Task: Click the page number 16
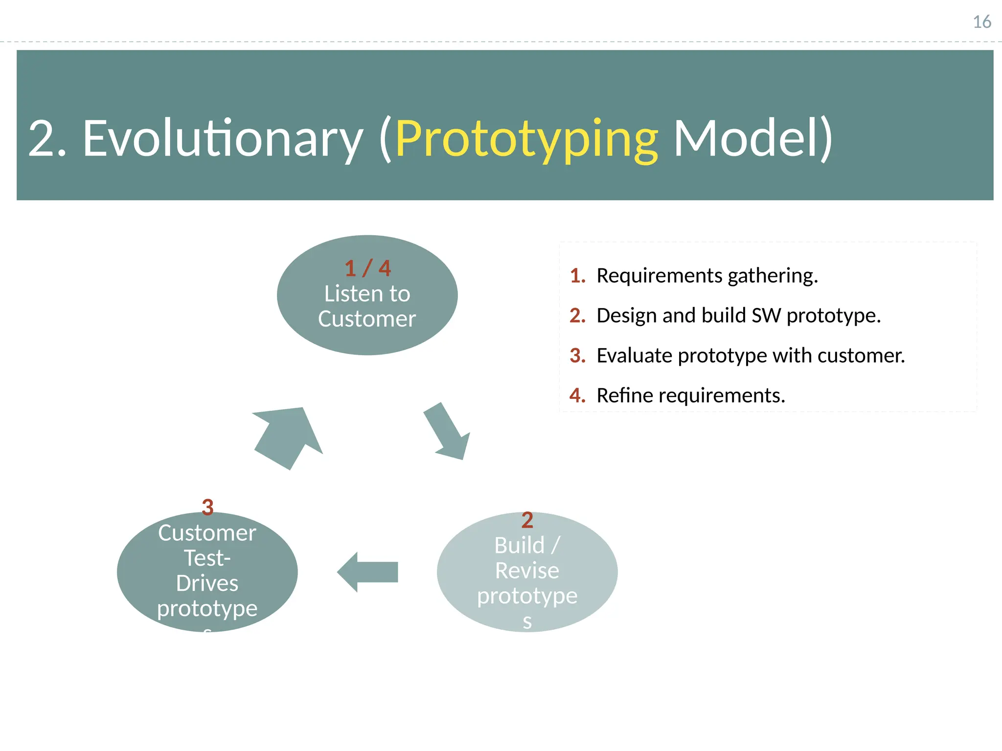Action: tap(981, 22)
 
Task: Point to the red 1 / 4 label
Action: tap(367, 268)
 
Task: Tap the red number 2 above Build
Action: tap(527, 520)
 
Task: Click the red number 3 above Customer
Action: tap(207, 508)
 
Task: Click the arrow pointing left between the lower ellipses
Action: tap(368, 572)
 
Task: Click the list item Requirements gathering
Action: tap(707, 276)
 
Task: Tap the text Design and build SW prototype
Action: tap(738, 316)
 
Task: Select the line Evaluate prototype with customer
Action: tap(751, 355)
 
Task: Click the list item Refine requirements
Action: tap(690, 396)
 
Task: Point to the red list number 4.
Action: tap(577, 396)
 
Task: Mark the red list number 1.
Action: tap(577, 276)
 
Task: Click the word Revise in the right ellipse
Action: tap(527, 571)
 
